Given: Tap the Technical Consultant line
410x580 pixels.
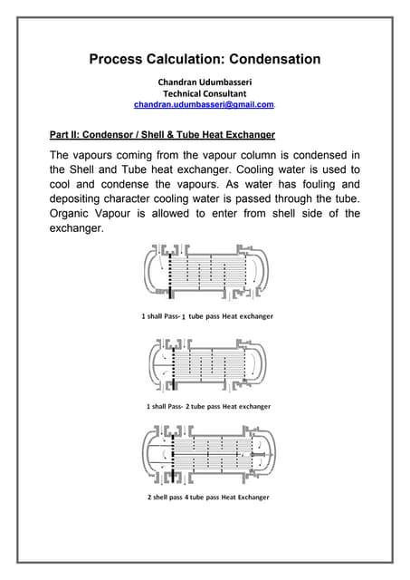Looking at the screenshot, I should pos(205,92).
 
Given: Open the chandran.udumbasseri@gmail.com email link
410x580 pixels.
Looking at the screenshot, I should pos(204,105).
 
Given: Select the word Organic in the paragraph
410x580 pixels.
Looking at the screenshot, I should pos(75,215).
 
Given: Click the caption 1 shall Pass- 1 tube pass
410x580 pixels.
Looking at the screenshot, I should pos(207,316).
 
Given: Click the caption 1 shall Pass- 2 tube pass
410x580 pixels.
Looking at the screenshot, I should pos(206,407).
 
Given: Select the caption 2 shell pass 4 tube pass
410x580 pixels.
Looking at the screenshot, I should pos(207,498).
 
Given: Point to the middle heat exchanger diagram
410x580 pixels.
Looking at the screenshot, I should pos(206,364).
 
